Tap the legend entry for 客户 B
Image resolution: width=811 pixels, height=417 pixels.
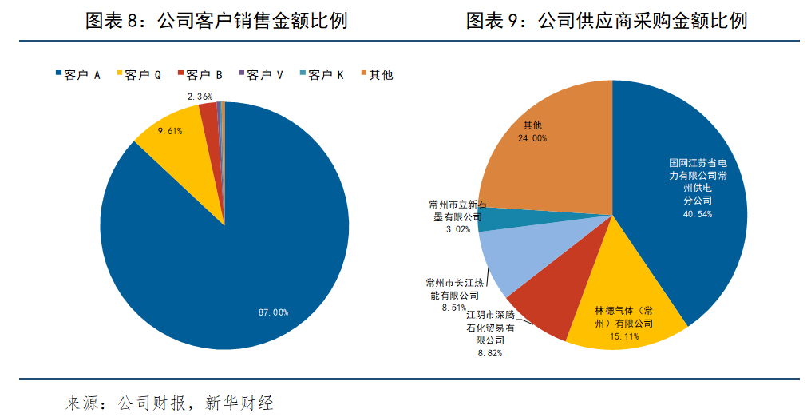[x=200, y=75]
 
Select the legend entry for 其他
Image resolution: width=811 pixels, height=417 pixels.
[x=376, y=75]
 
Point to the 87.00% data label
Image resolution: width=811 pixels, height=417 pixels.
[x=273, y=312]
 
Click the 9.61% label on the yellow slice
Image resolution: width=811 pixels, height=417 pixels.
[x=170, y=129]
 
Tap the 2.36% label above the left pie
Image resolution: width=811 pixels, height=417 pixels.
[x=200, y=97]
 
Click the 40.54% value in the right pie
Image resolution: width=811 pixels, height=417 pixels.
[x=697, y=214]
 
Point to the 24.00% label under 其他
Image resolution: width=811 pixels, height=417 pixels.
[x=532, y=138]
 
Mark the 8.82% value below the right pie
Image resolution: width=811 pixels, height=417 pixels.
[x=489, y=352]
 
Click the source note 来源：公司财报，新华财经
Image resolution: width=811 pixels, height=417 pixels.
[x=169, y=403]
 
